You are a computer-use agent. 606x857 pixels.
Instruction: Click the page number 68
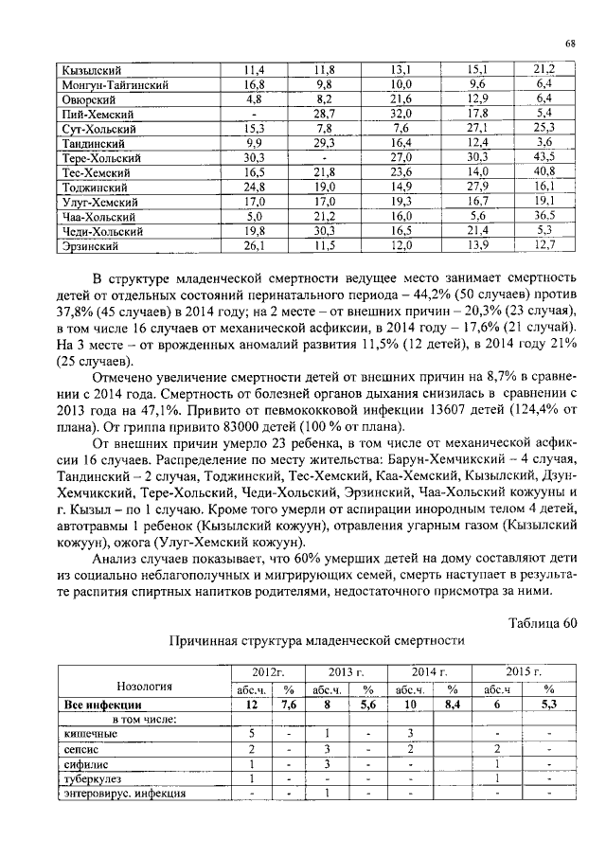pos(571,44)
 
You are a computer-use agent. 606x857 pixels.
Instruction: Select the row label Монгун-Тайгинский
pos(116,83)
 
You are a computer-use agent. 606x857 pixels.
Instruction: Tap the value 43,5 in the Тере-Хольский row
pos(543,157)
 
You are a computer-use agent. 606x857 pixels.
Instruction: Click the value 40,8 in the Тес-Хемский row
pos(543,172)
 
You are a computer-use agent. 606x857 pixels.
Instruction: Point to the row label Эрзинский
pos(90,245)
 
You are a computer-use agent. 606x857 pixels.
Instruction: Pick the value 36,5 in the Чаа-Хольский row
pos(543,216)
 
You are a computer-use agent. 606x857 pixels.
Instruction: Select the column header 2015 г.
pos(522,672)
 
